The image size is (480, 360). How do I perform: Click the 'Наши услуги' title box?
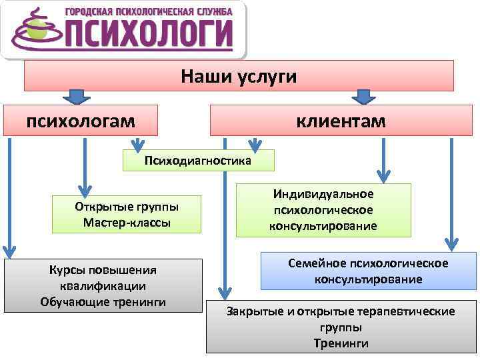(x=239, y=76)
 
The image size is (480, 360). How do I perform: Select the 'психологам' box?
(x=81, y=121)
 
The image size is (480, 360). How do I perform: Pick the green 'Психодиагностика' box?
(x=198, y=161)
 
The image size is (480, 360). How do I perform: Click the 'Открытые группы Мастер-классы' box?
(x=127, y=214)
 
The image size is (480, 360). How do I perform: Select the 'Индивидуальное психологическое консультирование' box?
(x=323, y=210)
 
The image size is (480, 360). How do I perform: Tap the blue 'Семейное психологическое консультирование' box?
(x=368, y=271)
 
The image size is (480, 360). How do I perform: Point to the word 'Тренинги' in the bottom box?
(x=341, y=343)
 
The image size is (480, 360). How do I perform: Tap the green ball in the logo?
(x=33, y=29)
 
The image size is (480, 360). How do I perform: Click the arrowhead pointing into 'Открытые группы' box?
(x=85, y=188)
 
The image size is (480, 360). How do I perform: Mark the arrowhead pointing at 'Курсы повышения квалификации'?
(x=9, y=251)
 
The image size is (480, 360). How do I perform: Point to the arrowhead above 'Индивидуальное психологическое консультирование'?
(x=383, y=176)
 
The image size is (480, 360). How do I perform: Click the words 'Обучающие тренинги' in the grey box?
(x=103, y=302)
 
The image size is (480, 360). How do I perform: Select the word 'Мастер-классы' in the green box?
(x=127, y=222)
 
